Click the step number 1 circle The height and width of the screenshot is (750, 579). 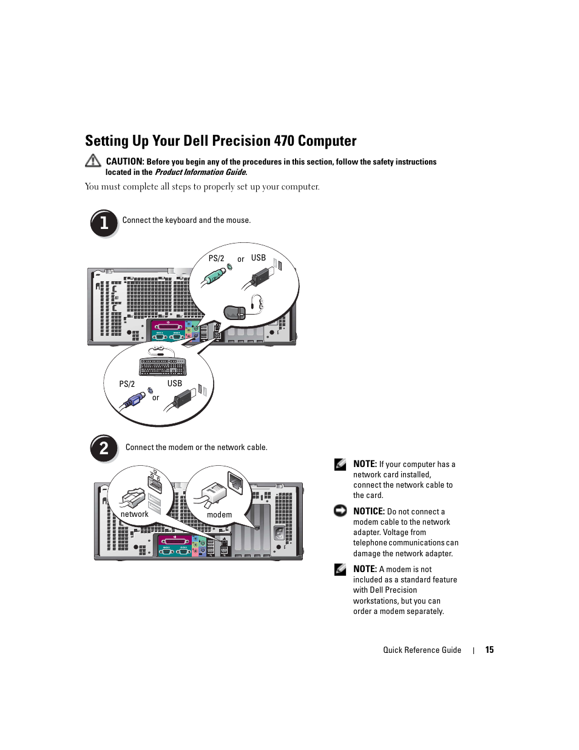coord(104,223)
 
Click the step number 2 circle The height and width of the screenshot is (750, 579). coord(104,448)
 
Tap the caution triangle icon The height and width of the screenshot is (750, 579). coord(93,160)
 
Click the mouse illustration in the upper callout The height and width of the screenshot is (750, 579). coord(235,312)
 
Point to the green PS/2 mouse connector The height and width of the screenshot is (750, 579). coord(214,278)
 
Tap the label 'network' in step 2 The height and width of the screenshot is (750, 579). coord(134,514)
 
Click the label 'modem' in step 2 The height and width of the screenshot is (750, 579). coord(219,515)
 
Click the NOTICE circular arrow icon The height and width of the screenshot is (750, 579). coord(340,511)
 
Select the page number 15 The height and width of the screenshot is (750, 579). coord(489,650)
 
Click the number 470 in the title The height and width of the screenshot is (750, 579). coord(283,141)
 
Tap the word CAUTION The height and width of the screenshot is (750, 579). coord(124,162)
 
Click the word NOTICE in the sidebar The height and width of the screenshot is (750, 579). coord(369,511)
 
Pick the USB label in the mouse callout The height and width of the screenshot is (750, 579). coord(259,258)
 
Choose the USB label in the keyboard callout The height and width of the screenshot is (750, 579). coord(175,384)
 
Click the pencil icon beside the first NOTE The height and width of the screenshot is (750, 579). coord(340,464)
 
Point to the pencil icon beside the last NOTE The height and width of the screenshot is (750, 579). coord(340,569)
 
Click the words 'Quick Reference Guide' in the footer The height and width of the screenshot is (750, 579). coord(422,650)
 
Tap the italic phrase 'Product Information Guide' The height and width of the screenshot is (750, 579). coord(200,172)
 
